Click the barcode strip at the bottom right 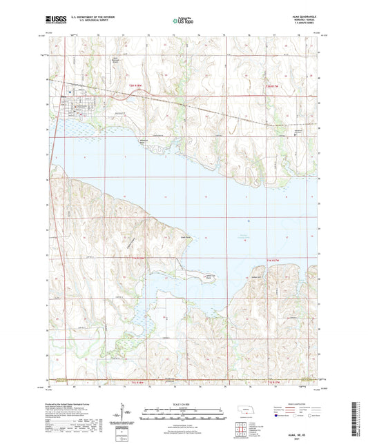click(x=356, y=420)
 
